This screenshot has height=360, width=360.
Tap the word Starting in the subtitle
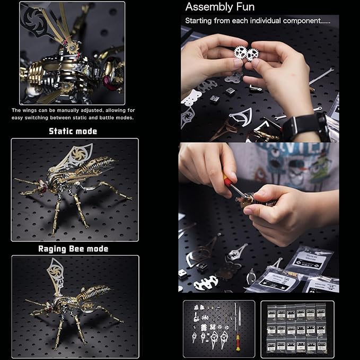[199, 21]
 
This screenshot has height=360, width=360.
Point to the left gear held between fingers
[240, 52]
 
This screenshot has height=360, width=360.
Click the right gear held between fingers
[252, 55]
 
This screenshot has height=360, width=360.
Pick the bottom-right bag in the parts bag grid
[328, 347]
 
